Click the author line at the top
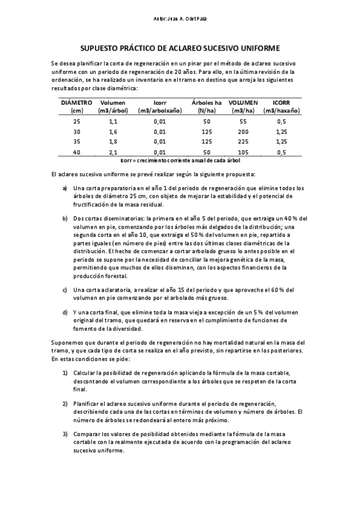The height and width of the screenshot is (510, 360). click(180, 20)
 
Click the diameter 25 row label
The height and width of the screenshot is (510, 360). click(76, 121)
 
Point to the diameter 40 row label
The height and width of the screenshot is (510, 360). click(76, 152)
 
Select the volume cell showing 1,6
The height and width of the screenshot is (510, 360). click(113, 132)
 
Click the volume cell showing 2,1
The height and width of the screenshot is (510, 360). click(113, 152)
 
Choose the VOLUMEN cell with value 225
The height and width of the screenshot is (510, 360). click(243, 142)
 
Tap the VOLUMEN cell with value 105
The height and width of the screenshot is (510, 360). click(243, 152)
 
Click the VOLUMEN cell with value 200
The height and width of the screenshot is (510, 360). click(243, 132)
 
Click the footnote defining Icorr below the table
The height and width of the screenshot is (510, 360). click(180, 161)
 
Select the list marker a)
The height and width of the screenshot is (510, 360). click(65, 188)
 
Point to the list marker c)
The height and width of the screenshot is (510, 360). click(65, 290)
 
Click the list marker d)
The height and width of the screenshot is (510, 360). click(65, 313)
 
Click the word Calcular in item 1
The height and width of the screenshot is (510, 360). click(87, 373)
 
